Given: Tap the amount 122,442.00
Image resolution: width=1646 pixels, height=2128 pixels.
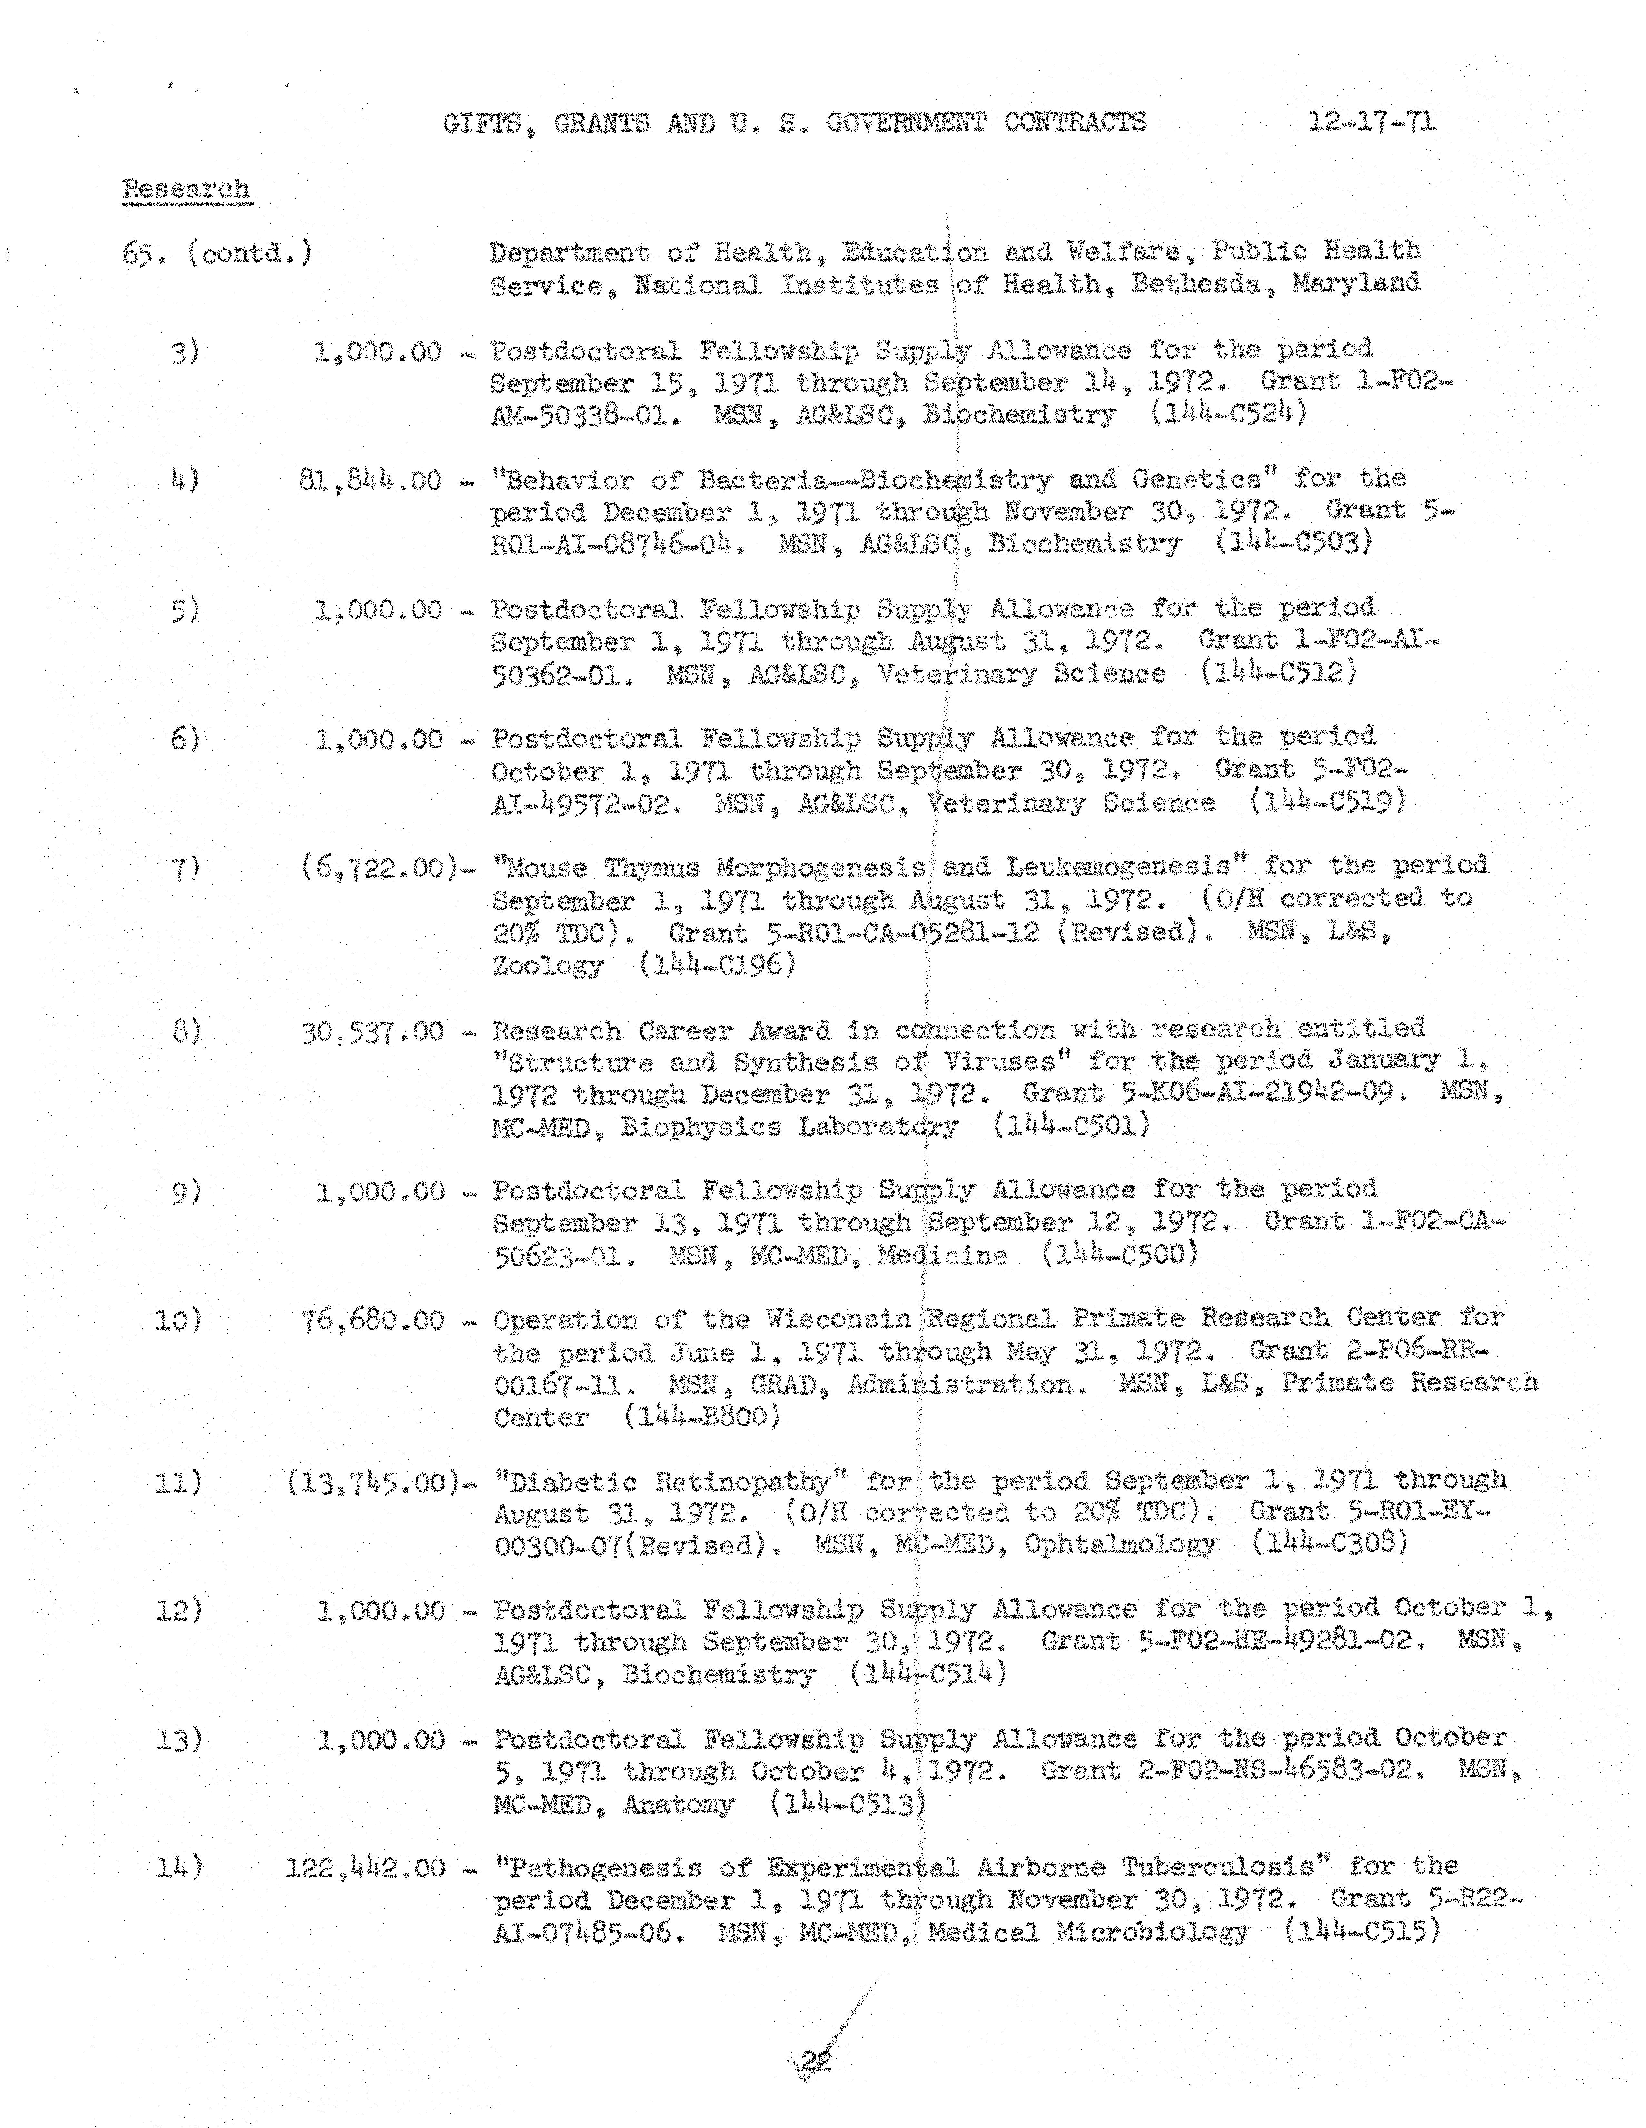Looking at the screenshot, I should tap(365, 1869).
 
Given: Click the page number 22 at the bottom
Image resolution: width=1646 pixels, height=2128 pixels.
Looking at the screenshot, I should tap(816, 2062).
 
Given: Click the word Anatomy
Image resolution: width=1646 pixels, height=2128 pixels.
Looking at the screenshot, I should tap(678, 1805).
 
